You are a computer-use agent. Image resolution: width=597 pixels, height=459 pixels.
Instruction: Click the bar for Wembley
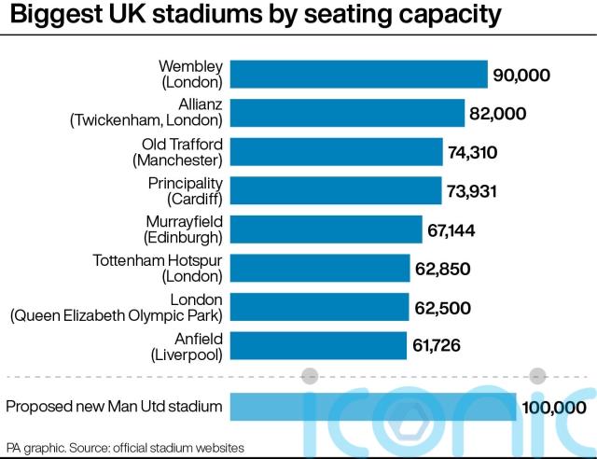(358, 75)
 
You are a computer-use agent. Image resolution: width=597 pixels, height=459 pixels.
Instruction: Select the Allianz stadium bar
(347, 113)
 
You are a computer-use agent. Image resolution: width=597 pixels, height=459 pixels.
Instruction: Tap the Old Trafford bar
(336, 152)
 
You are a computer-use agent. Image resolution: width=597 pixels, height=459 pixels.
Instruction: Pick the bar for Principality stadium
(336, 190)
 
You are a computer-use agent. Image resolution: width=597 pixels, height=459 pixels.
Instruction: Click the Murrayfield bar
(326, 229)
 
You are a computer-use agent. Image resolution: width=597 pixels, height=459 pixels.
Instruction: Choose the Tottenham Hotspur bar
(320, 269)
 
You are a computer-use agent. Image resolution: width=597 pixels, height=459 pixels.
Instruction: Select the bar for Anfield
(318, 345)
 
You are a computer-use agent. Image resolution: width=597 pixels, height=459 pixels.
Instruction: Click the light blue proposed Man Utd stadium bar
(372, 407)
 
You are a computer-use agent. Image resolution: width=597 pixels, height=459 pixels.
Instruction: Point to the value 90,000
(522, 75)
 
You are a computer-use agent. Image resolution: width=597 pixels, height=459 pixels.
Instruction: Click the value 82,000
(499, 114)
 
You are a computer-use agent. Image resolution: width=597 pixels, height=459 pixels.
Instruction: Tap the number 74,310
(476, 152)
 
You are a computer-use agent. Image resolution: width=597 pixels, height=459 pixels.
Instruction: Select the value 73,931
(476, 191)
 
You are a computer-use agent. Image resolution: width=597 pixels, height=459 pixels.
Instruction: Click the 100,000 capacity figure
(555, 407)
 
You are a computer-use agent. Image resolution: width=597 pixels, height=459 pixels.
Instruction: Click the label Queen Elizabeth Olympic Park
(117, 315)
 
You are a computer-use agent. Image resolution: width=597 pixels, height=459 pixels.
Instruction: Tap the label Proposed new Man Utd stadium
(114, 407)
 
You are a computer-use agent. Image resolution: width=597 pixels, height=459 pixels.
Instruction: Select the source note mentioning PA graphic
(126, 447)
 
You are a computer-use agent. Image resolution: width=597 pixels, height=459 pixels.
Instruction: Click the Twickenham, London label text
(147, 120)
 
